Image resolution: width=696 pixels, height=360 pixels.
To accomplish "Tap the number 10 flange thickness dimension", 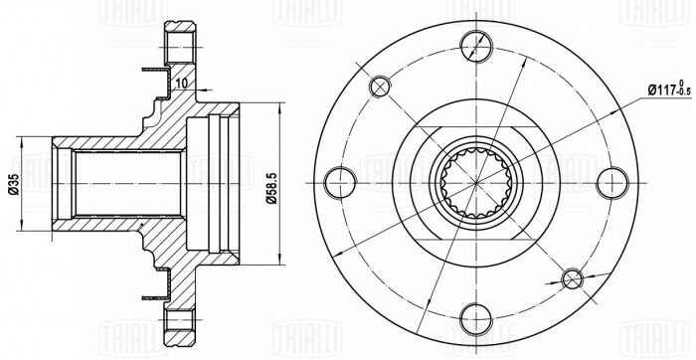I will tap(183, 84).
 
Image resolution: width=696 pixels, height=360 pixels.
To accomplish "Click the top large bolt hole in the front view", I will tap(477, 45).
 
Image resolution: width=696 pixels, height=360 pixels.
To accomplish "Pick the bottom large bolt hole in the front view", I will tap(477, 319).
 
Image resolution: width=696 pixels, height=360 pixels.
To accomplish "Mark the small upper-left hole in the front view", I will tap(381, 87).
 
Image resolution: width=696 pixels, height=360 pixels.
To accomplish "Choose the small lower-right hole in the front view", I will tap(573, 277).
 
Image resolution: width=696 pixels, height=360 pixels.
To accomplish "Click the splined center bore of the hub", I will tap(477, 182).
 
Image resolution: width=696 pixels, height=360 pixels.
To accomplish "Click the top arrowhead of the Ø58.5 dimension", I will tap(281, 103).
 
